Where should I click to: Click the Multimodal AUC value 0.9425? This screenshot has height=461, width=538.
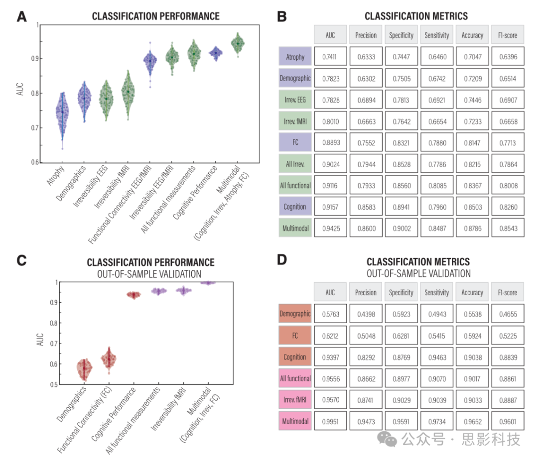[330, 228]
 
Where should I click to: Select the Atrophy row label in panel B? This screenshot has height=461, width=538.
[295, 57]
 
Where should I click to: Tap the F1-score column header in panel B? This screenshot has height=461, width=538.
[508, 35]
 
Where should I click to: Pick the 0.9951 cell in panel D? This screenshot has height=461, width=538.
[330, 422]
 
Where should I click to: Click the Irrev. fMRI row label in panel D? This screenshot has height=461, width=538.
[295, 400]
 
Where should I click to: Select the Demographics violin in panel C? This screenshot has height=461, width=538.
[84, 369]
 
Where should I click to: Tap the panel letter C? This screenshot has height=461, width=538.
[21, 261]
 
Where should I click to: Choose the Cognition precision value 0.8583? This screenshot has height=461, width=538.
[366, 207]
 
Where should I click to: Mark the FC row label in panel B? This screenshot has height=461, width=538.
[295, 142]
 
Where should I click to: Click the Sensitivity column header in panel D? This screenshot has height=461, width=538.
[437, 293]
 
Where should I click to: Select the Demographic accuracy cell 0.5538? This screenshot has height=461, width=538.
[472, 314]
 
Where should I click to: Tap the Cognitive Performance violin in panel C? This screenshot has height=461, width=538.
[134, 295]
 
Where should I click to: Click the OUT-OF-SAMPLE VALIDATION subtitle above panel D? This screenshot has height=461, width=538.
[418, 273]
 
